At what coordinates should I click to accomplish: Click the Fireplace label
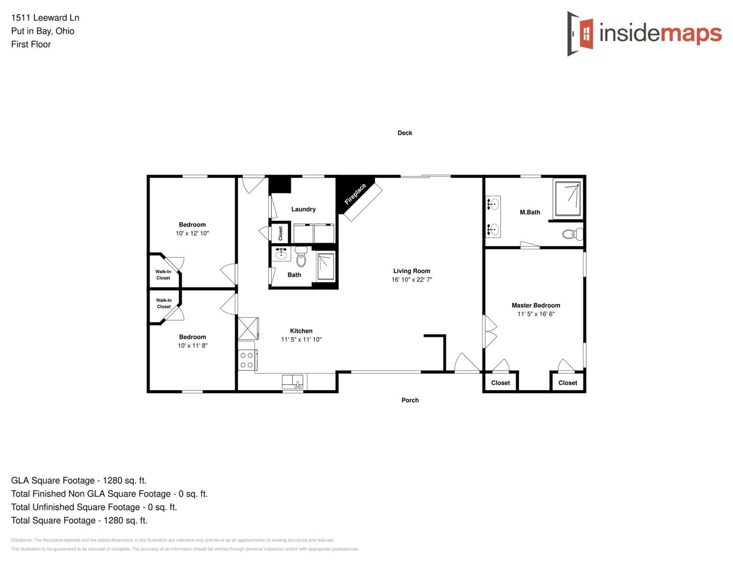[355, 194]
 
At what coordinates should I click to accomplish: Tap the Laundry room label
[303, 209]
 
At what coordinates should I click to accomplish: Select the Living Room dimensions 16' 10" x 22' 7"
[412, 280]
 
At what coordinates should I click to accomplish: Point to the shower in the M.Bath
[568, 198]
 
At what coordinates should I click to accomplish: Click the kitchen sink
[293, 382]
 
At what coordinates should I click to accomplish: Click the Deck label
[405, 133]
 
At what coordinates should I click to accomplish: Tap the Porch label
[410, 400]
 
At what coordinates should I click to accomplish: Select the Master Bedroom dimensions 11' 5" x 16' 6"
[536, 314]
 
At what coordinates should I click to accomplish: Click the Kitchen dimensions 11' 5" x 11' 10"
[302, 339]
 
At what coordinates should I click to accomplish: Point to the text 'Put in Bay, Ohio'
[43, 31]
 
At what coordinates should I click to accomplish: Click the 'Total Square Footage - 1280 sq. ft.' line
[79, 520]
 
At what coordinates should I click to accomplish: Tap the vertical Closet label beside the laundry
[280, 233]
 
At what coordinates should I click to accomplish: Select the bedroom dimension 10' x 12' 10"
[192, 233]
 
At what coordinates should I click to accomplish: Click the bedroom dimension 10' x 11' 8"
[193, 346]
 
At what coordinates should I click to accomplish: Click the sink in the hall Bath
[281, 254]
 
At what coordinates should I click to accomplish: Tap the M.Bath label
[530, 212]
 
